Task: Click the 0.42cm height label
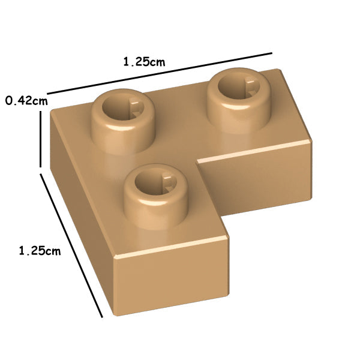[26, 101]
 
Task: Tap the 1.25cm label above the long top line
[144, 62]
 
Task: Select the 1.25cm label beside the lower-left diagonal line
[40, 250]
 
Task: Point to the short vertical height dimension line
[41, 139]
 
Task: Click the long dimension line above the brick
[160, 73]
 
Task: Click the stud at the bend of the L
[123, 121]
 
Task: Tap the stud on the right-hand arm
[239, 101]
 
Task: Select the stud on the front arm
[156, 197]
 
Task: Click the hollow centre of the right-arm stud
[239, 87]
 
